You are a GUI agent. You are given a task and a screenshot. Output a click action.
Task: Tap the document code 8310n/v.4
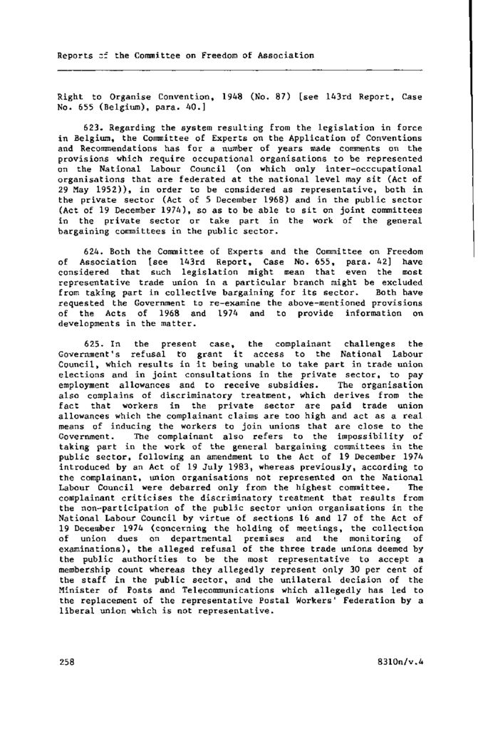tap(401, 661)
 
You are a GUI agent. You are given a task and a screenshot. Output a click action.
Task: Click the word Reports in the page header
tap(75, 55)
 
